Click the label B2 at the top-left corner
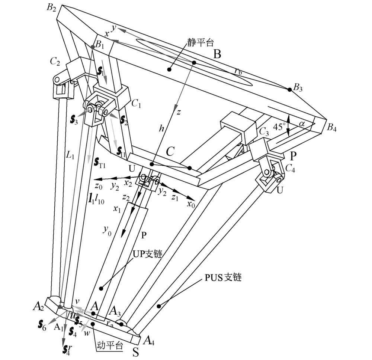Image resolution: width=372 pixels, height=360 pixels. tap(51, 9)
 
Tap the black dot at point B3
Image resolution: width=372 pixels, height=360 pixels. tap(290, 89)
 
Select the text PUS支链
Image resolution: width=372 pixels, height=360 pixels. tap(223, 277)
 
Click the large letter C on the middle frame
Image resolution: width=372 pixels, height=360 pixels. tap(170, 151)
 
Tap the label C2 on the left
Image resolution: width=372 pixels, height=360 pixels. tap(55, 61)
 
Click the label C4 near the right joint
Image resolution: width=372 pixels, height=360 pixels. tap(290, 168)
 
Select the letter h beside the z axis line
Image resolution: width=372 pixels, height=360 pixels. tap(161, 128)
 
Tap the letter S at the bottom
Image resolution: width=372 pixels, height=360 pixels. tap(136, 352)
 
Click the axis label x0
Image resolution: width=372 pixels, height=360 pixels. tap(191, 204)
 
